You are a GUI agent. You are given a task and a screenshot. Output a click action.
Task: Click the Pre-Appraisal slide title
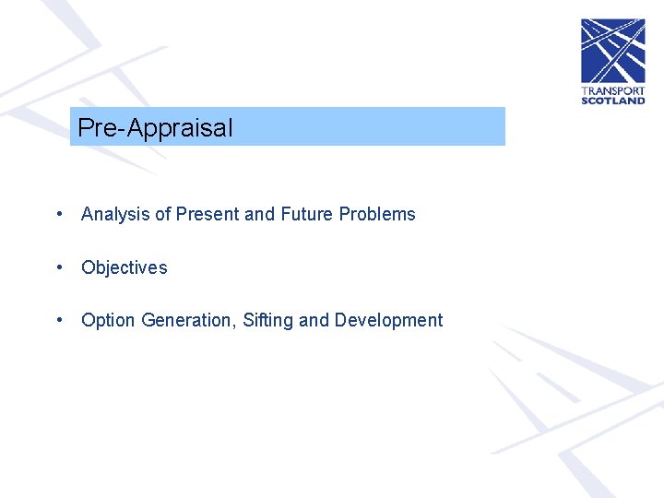point(155,128)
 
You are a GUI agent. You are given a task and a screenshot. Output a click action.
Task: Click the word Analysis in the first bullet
point(115,215)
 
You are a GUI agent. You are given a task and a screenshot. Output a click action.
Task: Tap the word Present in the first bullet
point(207,215)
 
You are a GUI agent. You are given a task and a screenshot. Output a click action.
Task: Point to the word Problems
point(377,215)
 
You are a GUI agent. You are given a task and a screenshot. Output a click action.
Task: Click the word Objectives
point(125,268)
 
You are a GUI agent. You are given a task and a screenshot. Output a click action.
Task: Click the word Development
point(388,321)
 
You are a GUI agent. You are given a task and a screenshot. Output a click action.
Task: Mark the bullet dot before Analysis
point(59,214)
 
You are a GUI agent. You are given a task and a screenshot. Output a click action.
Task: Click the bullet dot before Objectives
point(59,267)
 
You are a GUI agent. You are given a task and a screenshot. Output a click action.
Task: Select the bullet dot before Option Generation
point(59,320)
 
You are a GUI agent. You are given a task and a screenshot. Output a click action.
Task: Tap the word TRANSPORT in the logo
point(612,90)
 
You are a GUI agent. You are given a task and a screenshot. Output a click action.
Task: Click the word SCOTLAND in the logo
point(612,101)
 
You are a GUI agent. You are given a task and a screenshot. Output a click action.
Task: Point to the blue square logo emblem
point(612,51)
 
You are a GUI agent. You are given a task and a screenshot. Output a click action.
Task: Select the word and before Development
point(314,321)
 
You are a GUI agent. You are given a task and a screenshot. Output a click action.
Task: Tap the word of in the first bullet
point(162,215)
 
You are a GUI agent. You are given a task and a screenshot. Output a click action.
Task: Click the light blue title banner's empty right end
point(415,127)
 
